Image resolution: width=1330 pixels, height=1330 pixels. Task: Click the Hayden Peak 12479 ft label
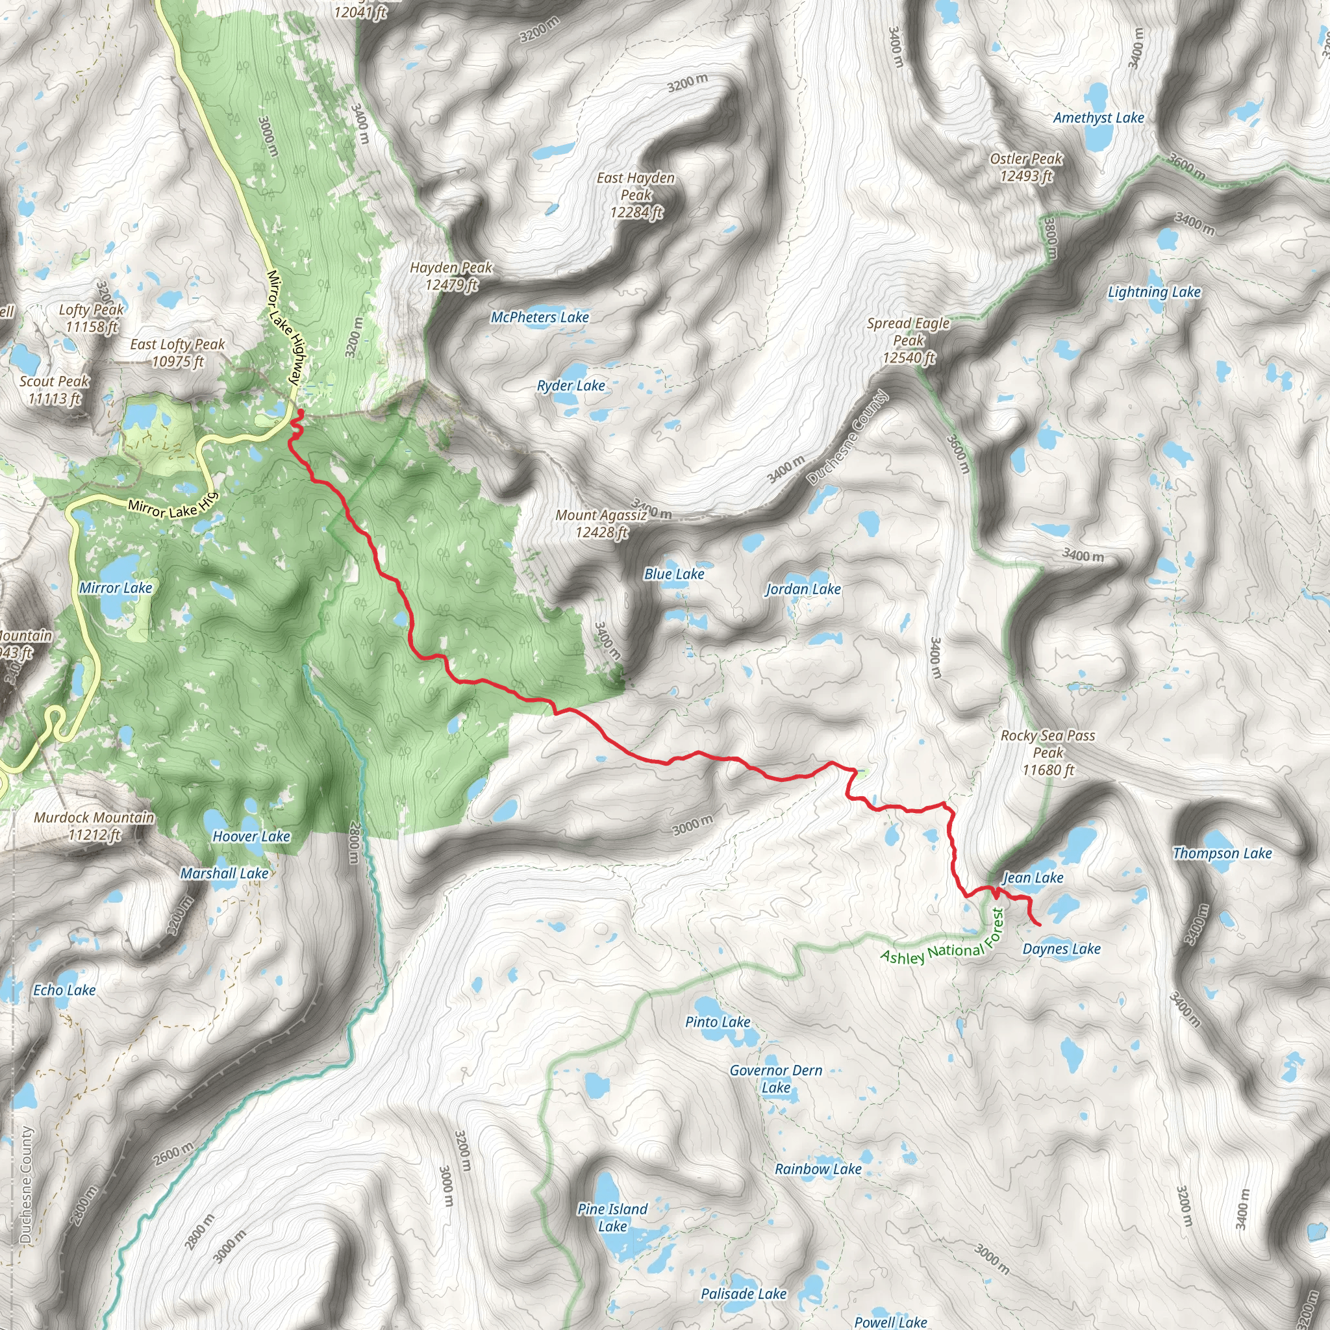tap(451, 276)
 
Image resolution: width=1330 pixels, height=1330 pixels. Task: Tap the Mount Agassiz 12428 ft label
tap(601, 523)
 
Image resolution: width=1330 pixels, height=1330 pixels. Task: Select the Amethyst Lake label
tap(1098, 118)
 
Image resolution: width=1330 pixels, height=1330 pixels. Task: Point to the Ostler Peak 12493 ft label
tap(1025, 168)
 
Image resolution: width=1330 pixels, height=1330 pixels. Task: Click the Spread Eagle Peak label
tap(908, 340)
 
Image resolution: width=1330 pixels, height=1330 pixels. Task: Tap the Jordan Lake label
tap(803, 588)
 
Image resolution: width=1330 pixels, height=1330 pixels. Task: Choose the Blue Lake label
tap(674, 573)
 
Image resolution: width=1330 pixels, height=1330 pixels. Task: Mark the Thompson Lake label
tap(1222, 853)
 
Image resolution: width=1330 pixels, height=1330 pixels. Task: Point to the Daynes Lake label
tap(1061, 949)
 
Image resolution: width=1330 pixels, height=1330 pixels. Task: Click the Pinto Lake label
tap(718, 1022)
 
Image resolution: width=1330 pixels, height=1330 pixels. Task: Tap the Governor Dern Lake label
tap(776, 1079)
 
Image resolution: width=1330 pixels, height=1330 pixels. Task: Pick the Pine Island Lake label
tap(612, 1217)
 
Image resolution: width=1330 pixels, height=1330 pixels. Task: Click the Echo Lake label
tap(65, 990)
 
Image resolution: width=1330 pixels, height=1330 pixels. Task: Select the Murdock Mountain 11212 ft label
tap(94, 825)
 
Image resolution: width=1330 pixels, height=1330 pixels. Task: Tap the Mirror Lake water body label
tap(116, 587)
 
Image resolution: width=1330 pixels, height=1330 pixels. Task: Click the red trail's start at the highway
tap(301, 412)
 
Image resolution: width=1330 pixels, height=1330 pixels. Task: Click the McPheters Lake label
tap(539, 317)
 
